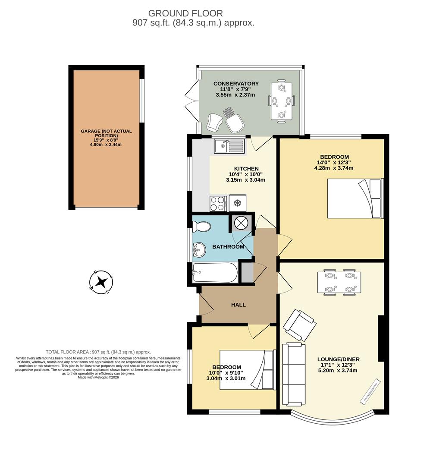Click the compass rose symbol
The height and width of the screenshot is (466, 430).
click(101, 282)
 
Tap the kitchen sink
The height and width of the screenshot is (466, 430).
click(229, 146)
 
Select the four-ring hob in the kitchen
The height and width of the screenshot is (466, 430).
click(218, 203)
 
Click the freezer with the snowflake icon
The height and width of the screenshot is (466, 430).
click(237, 203)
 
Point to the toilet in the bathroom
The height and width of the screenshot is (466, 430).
click(201, 226)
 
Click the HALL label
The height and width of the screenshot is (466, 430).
click(239, 305)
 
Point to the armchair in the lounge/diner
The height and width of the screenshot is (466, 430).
click(299, 324)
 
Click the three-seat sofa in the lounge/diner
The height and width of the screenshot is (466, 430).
click(294, 374)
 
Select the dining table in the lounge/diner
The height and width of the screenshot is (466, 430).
click(339, 282)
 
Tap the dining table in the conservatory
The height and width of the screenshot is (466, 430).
click(282, 101)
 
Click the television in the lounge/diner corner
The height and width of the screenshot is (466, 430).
click(370, 391)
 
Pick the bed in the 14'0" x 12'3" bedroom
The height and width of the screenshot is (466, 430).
click(354, 198)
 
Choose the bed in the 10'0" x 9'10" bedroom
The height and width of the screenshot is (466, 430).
click(246, 370)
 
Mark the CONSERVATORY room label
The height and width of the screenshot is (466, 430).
click(236, 84)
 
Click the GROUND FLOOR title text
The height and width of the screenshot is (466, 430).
click(185, 14)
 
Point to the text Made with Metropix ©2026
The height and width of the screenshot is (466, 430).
click(98, 377)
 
